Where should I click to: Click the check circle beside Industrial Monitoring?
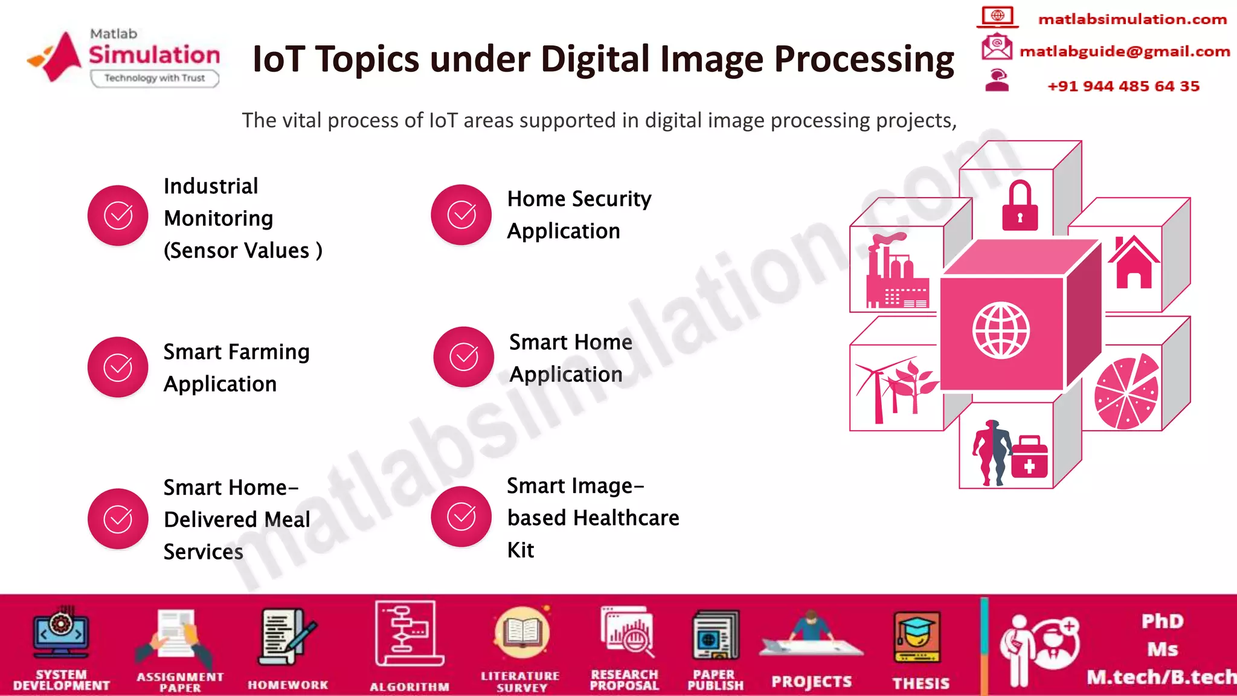coord(118,216)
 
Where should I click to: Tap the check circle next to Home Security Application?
coord(461,214)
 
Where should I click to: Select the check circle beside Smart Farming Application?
coord(118,367)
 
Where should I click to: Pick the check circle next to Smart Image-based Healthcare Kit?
coord(461,517)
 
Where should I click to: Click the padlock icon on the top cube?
coord(1020,207)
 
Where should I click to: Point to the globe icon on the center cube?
coord(1001,330)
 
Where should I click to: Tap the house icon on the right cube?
coord(1133,262)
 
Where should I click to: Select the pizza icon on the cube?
coord(1126,393)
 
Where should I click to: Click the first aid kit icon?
coord(1029,457)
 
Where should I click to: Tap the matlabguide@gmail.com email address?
coord(1125,52)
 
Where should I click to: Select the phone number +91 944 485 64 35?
coord(1123,86)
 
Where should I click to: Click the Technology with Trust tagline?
coord(155,78)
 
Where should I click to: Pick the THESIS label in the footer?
coord(921,683)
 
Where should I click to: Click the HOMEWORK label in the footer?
coord(288,685)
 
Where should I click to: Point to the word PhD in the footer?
coord(1163,621)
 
